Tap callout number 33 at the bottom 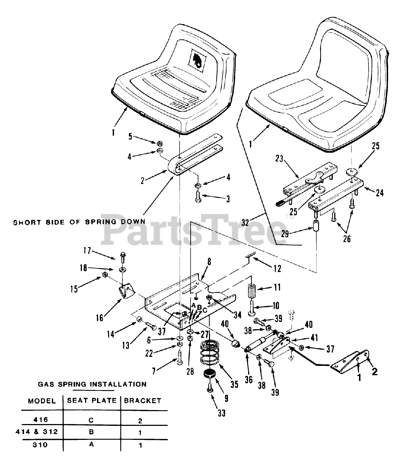click(x=222, y=413)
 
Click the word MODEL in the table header click(x=42, y=401)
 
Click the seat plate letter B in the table click(x=92, y=432)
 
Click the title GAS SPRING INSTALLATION click(x=92, y=384)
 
